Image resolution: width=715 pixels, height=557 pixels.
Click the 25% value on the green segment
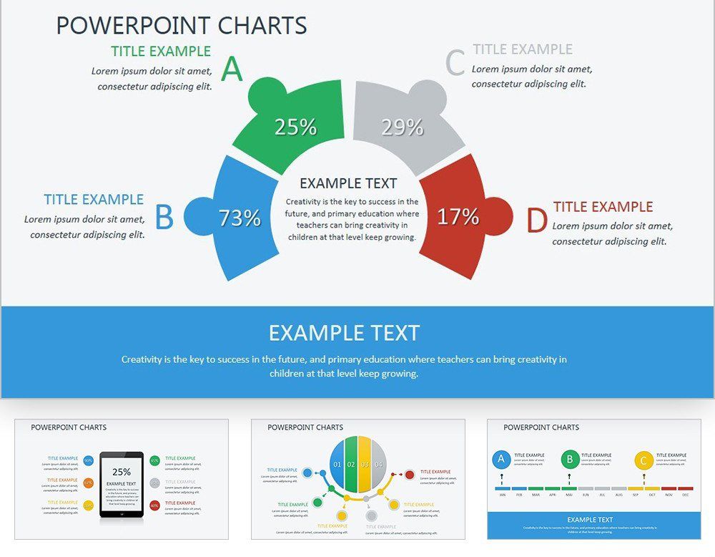[x=295, y=127]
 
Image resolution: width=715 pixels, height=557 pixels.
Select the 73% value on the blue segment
[x=240, y=218]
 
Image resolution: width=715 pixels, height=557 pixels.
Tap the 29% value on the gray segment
[x=403, y=127]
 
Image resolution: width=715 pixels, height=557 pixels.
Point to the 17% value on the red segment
[x=458, y=216]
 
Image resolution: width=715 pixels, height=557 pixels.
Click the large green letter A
[x=232, y=69]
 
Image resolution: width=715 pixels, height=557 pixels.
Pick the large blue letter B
[x=164, y=218]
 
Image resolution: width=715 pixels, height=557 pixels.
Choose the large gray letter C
[x=455, y=63]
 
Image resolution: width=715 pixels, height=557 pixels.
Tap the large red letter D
[x=536, y=221]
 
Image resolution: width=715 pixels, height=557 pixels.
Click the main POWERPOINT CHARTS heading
[x=182, y=25]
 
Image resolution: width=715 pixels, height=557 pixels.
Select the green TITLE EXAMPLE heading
[x=161, y=52]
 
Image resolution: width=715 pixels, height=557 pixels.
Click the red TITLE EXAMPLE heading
[x=603, y=207]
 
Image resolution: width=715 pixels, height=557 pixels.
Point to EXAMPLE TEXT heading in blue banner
[x=344, y=333]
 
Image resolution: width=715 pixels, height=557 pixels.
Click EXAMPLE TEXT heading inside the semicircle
[x=348, y=183]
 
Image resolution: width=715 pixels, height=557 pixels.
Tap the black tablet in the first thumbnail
[x=122, y=484]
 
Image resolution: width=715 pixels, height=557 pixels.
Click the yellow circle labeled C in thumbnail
[x=643, y=460]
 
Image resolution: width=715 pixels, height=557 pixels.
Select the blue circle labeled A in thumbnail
[x=501, y=460]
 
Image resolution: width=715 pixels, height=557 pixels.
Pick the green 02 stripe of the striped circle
[x=351, y=465]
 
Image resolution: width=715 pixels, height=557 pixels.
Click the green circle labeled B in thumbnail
[x=570, y=460]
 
